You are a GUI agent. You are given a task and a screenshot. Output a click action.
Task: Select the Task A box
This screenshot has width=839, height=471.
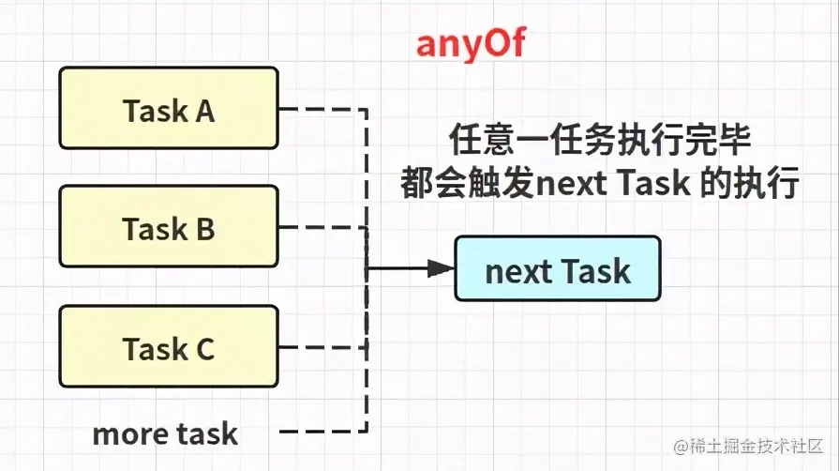pos(168,108)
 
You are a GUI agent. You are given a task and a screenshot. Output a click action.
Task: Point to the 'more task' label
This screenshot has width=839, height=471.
pos(165,433)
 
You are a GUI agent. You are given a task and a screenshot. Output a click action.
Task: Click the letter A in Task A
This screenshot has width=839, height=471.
pos(204,111)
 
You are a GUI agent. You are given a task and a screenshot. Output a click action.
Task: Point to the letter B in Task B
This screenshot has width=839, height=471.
pos(204,228)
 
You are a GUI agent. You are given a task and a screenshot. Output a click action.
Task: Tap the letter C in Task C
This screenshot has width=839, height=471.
pos(204,348)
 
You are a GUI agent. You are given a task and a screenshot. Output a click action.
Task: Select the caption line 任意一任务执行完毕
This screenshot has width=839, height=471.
pos(601,141)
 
